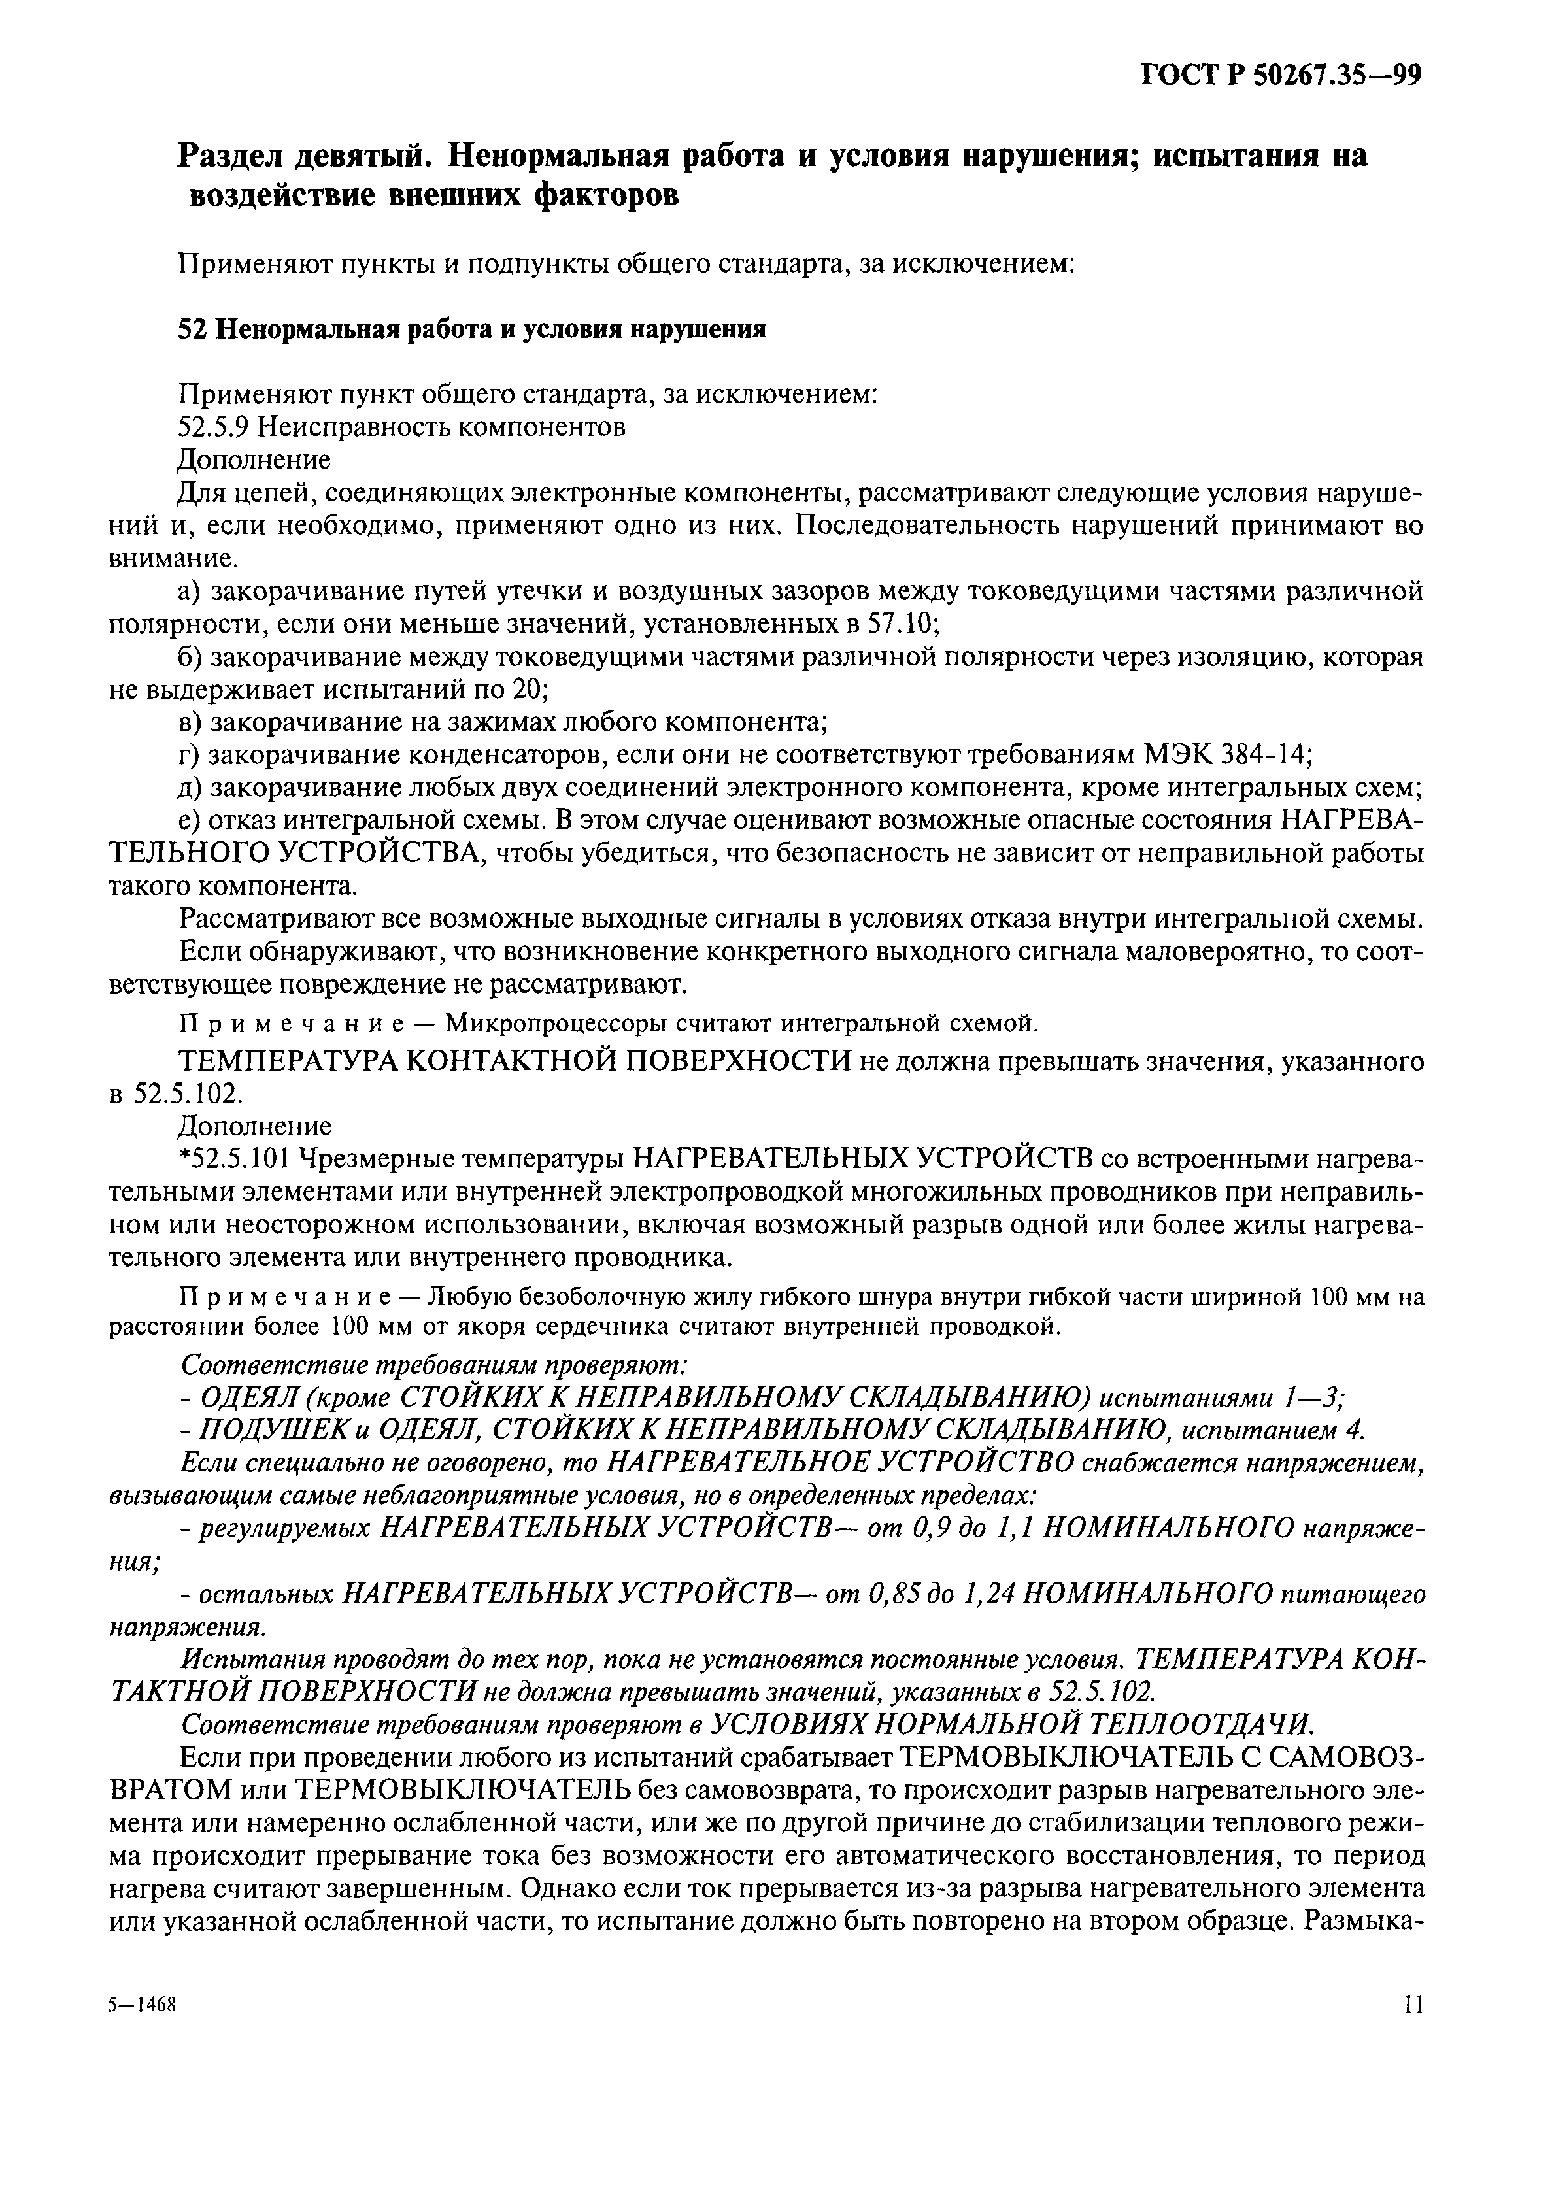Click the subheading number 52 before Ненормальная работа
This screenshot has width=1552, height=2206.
click(x=192, y=329)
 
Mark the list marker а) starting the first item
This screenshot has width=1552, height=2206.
click(x=193, y=591)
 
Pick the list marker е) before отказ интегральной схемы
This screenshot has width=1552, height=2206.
click(x=192, y=820)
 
